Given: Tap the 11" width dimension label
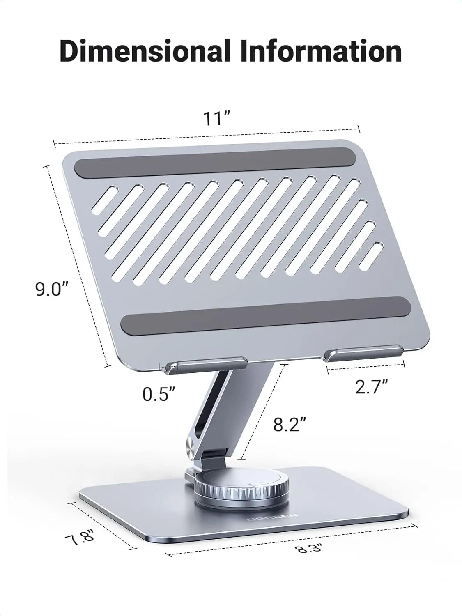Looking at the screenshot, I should click(216, 119).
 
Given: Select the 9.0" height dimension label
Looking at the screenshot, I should click(51, 289).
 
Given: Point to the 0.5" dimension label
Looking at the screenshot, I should click(159, 394).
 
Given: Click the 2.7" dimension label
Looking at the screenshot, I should click(371, 387).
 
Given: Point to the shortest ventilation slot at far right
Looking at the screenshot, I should click(374, 256).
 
